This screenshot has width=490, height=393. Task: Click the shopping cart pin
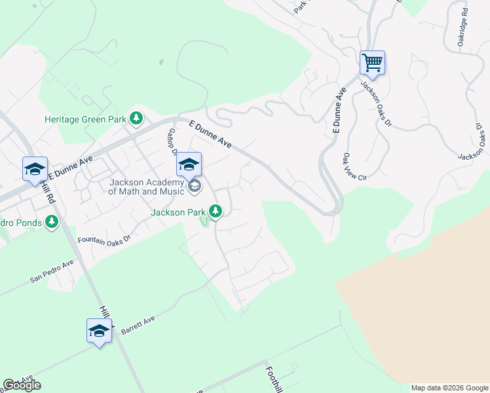[372, 63]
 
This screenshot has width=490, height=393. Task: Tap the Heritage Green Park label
[85, 119]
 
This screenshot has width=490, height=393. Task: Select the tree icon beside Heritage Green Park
[136, 119]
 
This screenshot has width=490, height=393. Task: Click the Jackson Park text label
[178, 212]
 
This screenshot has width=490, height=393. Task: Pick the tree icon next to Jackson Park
[216, 211]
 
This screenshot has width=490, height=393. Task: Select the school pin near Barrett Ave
[99, 330]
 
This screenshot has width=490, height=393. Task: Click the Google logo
[22, 385]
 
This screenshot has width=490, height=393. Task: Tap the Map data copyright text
[449, 388]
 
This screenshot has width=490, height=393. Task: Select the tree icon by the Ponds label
[52, 223]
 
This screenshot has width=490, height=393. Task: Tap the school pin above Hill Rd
[35, 168]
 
